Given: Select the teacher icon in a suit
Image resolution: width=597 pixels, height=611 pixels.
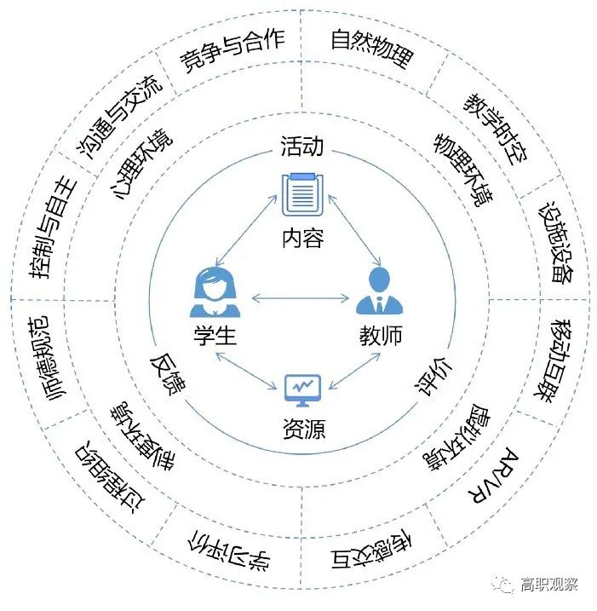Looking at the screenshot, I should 379,291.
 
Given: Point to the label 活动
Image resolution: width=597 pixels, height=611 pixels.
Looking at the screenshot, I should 302,146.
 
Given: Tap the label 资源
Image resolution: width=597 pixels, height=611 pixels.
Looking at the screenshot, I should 302,429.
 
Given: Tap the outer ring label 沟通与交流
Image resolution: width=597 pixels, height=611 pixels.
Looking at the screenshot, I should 116,114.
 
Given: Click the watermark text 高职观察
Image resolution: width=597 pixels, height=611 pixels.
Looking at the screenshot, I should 549,584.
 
